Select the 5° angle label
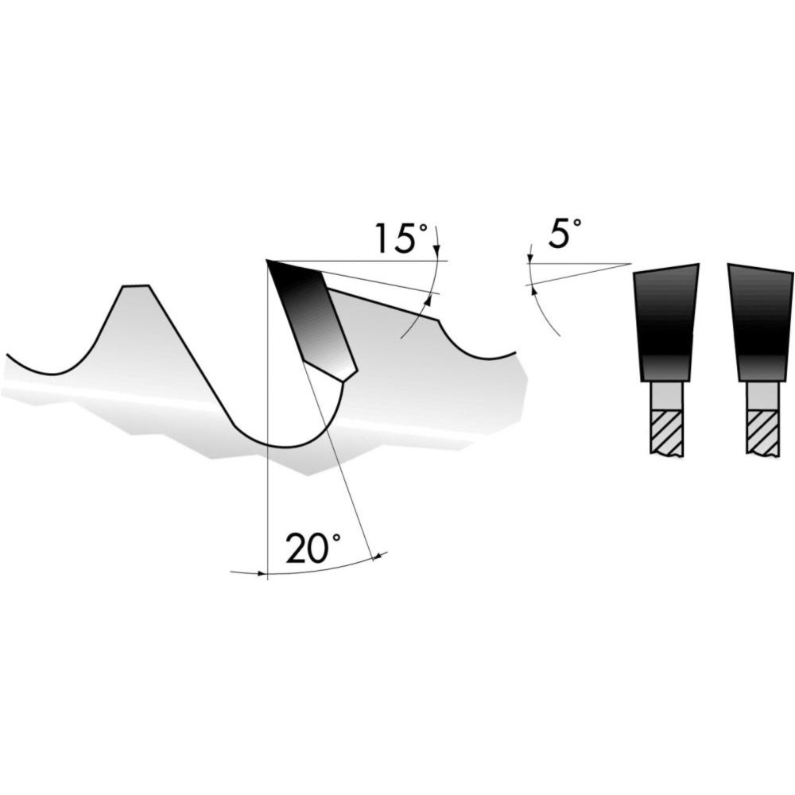564,233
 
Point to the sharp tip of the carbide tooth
267,261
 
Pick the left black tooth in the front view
665,323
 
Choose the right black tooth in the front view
762,323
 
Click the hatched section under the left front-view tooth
666,432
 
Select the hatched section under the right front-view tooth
762,432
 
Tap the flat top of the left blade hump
135,286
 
